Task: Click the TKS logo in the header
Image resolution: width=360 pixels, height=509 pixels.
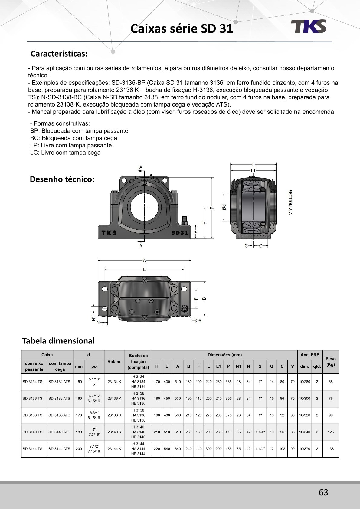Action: click(309, 26)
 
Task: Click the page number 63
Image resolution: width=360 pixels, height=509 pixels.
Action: click(323, 492)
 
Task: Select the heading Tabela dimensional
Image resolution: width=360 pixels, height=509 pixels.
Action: click(58, 341)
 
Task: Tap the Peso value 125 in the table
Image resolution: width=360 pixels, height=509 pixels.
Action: click(331, 432)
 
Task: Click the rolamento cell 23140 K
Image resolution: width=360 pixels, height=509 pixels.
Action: click(114, 432)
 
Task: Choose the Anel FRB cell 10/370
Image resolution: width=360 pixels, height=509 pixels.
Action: click(305, 449)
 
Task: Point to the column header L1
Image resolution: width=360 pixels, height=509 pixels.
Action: click(218, 366)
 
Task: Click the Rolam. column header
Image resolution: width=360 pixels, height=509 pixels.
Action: click(114, 362)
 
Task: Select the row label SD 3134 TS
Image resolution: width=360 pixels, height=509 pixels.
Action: click(32, 382)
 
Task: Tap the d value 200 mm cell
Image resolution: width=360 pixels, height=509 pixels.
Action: click(79, 449)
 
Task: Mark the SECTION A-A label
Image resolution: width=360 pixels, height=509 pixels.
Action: click(290, 202)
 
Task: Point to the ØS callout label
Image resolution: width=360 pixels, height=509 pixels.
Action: click(198, 321)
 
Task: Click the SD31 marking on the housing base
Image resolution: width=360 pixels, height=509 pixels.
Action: click(180, 233)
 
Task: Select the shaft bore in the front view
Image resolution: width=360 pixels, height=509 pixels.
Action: click(144, 207)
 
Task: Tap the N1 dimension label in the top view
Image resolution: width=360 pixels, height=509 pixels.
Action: click(93, 318)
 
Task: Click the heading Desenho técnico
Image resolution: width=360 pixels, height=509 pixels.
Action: click(62, 179)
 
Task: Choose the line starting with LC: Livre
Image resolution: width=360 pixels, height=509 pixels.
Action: click(65, 153)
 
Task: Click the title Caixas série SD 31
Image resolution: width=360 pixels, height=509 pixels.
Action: click(182, 29)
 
